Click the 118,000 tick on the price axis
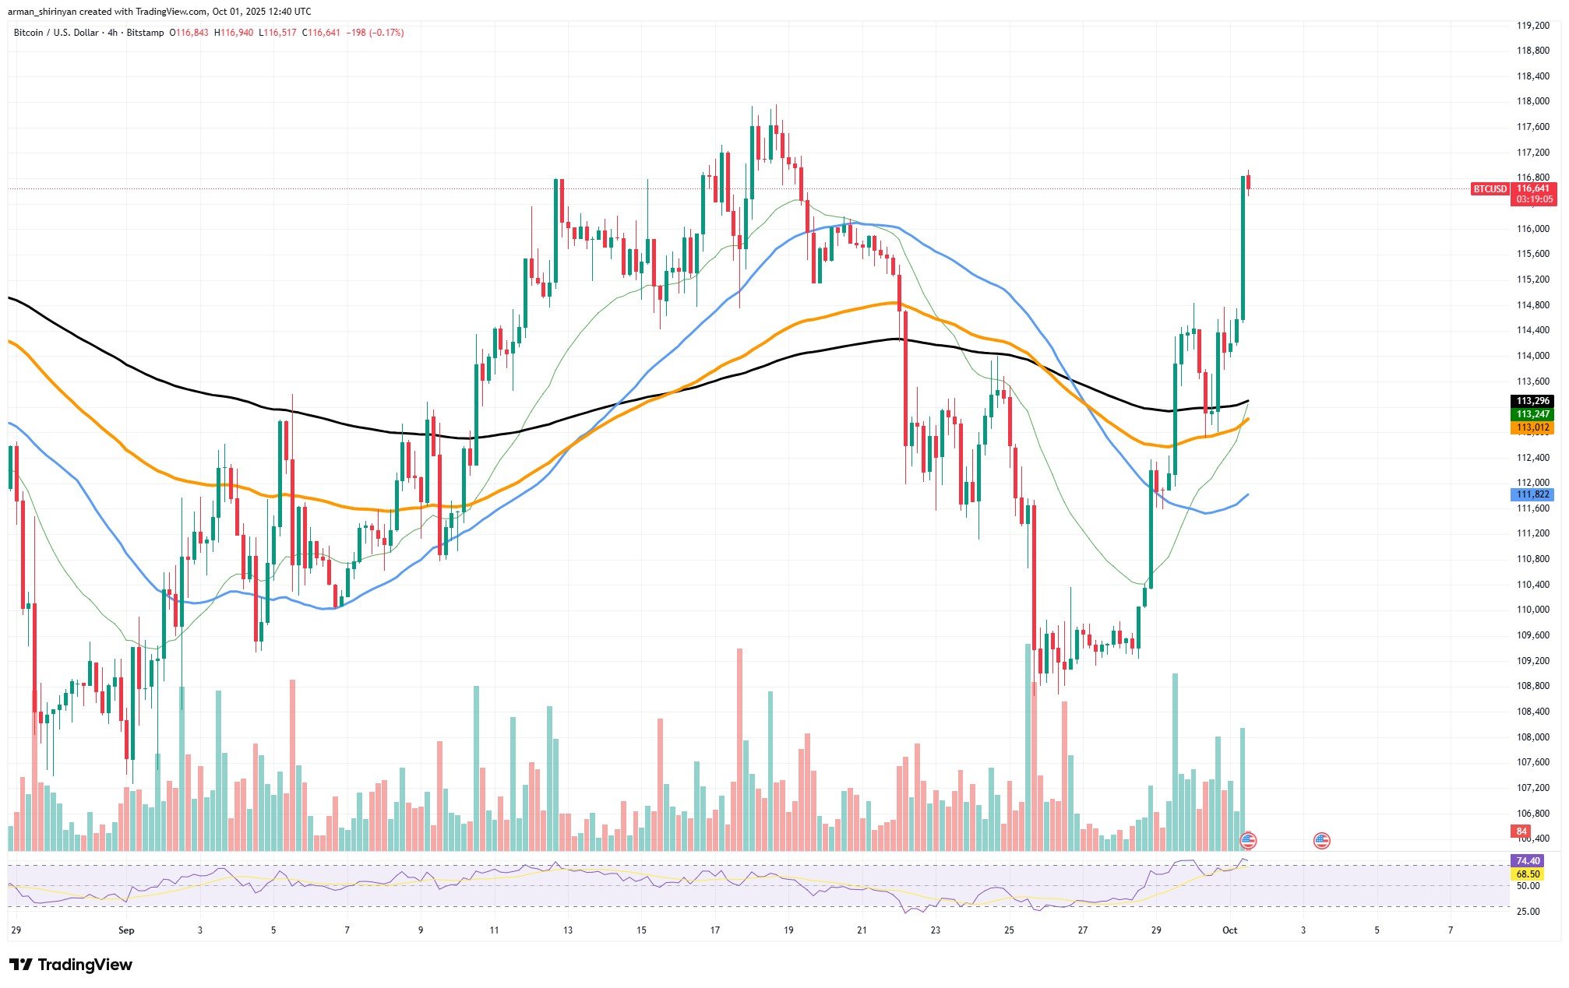pos(1532,101)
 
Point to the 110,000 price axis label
pos(1532,610)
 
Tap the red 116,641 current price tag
pos(1533,188)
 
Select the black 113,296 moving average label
pos(1533,402)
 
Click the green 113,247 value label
pos(1533,415)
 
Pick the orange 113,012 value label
pos(1533,428)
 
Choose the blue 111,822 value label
pos(1533,494)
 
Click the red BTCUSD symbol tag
pos(1490,189)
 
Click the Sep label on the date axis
pos(126,930)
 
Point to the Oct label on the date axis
pos(1230,930)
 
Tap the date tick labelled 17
pos(715,930)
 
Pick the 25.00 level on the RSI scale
pos(1528,912)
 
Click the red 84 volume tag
pos(1521,832)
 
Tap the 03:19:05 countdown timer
pos(1533,200)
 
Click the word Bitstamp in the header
pos(146,33)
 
